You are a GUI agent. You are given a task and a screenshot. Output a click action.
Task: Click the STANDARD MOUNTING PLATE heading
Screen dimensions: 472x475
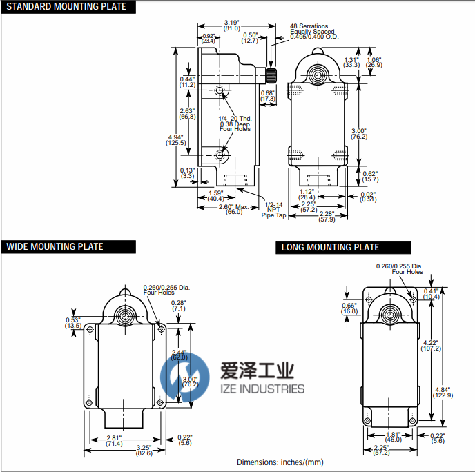[x=66, y=7]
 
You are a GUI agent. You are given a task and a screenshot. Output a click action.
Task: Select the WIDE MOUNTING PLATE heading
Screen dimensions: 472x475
[x=55, y=246]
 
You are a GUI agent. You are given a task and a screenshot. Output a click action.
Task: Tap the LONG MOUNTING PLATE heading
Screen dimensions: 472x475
[x=330, y=247]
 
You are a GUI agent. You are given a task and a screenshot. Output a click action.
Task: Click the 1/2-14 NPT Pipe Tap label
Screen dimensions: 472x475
[x=273, y=210]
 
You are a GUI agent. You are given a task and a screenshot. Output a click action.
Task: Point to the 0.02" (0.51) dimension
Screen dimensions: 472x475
[x=367, y=196]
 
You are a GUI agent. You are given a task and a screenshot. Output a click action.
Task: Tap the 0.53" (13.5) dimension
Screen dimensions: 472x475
[x=73, y=322]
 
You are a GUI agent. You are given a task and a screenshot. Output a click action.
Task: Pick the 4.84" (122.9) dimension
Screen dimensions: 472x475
[x=442, y=391]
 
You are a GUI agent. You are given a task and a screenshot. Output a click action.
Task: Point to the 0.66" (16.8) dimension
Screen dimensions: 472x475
[x=349, y=308]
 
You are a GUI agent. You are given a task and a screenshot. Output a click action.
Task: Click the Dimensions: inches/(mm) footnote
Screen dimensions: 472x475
[x=280, y=462]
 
